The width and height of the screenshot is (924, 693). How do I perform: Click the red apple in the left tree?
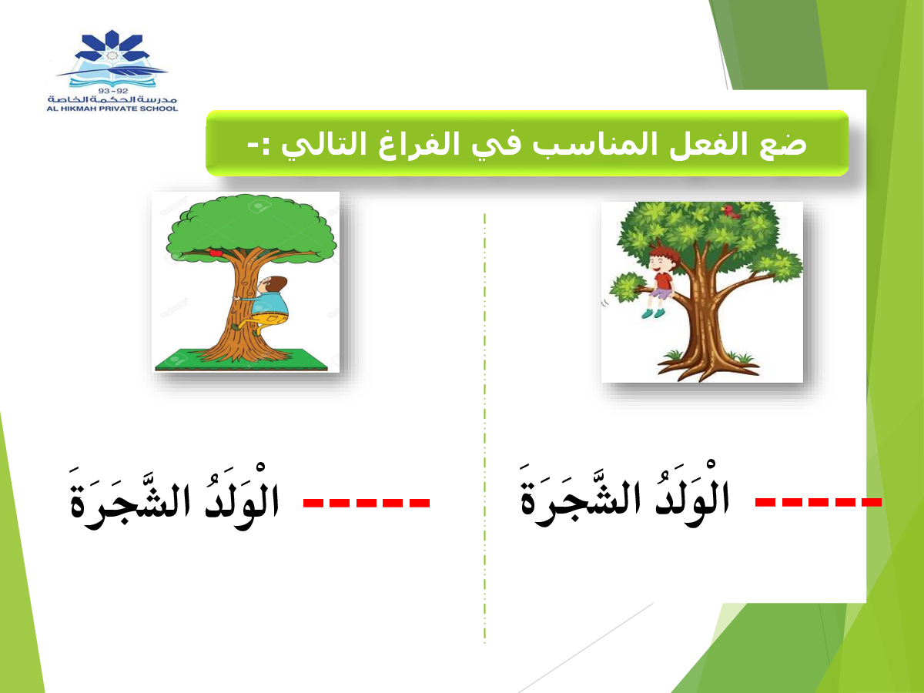[216, 253]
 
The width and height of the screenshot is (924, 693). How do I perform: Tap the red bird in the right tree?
[731, 211]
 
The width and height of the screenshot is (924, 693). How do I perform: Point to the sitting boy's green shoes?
[653, 313]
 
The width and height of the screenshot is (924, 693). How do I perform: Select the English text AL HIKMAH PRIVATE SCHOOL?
[112, 109]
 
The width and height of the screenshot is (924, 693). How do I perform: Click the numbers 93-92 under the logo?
[113, 91]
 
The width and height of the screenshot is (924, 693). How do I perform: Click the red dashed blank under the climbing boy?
[367, 502]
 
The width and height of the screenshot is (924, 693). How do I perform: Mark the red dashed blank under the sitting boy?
[819, 501]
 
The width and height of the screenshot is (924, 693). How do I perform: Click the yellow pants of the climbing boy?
[269, 319]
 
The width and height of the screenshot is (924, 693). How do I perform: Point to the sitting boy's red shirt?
[664, 280]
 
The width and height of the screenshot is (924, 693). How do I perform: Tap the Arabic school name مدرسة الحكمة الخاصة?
[112, 100]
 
